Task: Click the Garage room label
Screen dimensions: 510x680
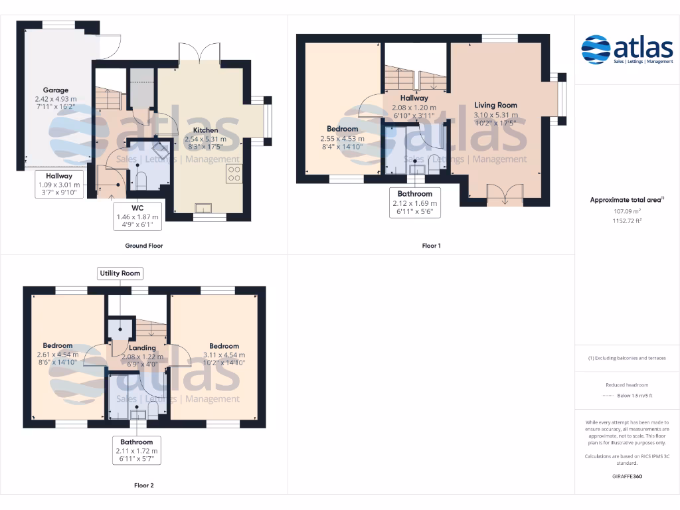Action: point(56,90)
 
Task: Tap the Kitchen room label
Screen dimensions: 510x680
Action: point(205,130)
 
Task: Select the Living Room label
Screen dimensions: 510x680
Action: point(495,105)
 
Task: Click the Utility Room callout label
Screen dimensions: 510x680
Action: point(120,273)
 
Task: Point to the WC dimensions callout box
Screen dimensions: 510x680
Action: point(137,216)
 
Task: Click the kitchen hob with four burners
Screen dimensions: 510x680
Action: point(234,173)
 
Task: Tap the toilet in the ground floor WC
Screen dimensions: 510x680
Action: point(141,180)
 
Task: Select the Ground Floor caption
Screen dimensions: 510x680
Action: point(143,246)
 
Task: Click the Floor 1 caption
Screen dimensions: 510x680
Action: point(431,246)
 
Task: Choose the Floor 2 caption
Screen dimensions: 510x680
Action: point(143,485)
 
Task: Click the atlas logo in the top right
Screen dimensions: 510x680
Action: point(627,49)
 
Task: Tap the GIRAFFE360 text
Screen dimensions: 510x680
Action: point(627,476)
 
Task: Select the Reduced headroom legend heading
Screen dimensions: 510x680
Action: point(627,385)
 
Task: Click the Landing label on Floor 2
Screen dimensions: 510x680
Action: point(142,348)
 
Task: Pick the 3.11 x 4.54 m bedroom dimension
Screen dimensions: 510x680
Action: point(224,355)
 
